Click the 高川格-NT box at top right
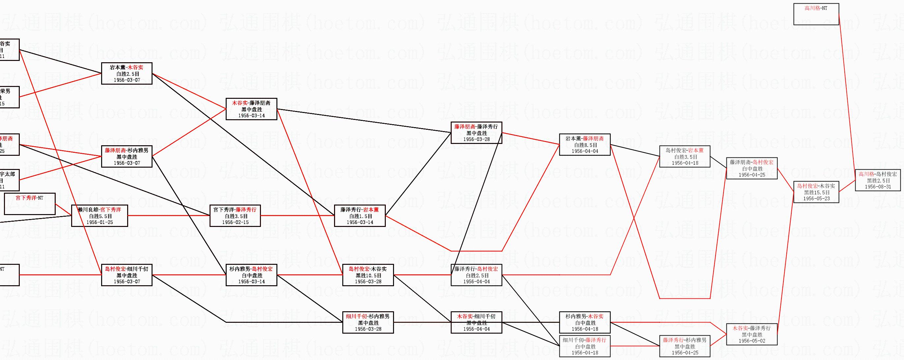click(816, 14)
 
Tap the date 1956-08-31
click(878, 187)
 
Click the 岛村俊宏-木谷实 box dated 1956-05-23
click(816, 192)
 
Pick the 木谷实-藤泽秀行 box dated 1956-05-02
click(751, 334)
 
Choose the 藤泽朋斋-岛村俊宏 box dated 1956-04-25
click(751, 168)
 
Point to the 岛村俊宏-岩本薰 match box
click(685, 156)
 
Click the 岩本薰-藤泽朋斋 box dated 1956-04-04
click(585, 145)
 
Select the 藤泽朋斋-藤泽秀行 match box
click(476, 133)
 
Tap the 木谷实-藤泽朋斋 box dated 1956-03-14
click(251, 109)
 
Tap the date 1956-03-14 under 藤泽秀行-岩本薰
click(360, 222)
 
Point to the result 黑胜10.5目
click(368, 275)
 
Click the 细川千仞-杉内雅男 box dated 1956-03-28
click(368, 322)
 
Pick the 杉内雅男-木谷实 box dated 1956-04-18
click(585, 322)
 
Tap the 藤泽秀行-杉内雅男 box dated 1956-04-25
click(685, 346)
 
